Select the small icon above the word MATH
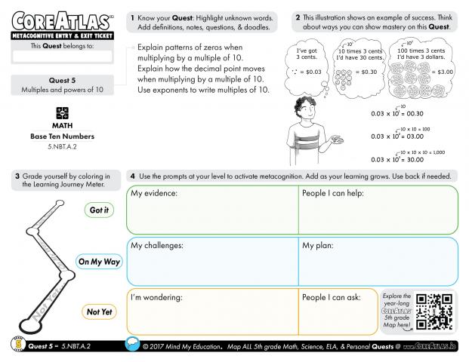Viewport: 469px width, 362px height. click(63, 112)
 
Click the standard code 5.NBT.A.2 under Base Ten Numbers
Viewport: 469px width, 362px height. click(63, 144)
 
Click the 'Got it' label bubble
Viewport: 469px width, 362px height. click(98, 210)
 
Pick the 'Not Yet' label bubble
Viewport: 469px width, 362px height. click(99, 311)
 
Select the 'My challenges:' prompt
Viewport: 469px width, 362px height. click(157, 246)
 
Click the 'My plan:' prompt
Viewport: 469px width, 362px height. click(320, 246)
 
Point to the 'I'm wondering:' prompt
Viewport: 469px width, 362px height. click(158, 297)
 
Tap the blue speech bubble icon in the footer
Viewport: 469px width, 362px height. click(133, 345)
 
